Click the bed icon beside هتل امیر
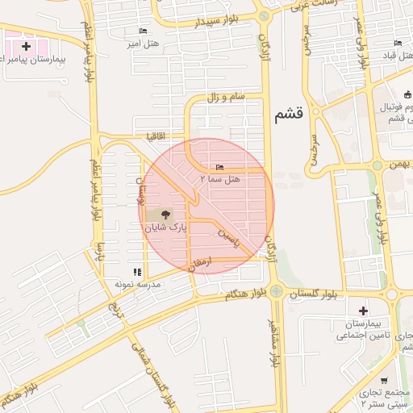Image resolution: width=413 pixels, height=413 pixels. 143,31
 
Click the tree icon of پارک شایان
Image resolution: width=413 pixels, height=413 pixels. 165,215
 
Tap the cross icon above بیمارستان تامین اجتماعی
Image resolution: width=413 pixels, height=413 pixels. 363,311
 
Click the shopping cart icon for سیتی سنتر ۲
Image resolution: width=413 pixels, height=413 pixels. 384,381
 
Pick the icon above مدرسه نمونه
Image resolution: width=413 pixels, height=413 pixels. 136,272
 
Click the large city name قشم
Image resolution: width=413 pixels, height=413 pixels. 289,115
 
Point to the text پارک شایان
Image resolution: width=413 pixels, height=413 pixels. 165,228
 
